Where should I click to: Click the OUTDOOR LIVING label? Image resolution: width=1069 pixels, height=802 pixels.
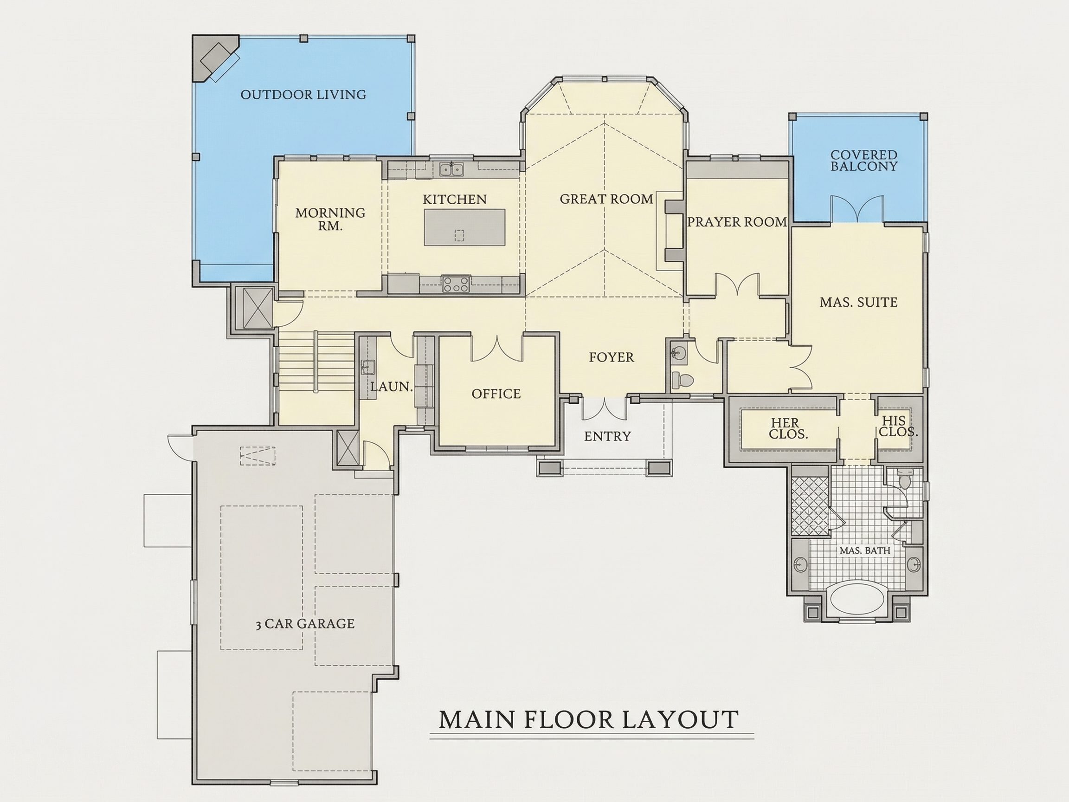tap(303, 94)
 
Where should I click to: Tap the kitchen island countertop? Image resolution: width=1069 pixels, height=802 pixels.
tap(464, 227)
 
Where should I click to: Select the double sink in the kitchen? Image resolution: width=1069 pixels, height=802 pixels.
tap(451, 169)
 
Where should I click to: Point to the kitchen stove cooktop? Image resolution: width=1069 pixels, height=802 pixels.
tap(455, 284)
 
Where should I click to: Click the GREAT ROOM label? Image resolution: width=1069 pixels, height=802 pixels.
tap(606, 199)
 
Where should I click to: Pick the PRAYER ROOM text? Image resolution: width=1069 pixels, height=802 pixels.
tap(737, 222)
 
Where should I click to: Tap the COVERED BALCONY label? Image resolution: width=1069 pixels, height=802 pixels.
tap(863, 161)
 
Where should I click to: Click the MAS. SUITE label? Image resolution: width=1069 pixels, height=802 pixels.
tap(858, 302)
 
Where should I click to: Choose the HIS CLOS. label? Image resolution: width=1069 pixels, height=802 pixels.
tap(898, 426)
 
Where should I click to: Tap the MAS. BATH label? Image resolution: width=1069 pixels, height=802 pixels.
tap(864, 550)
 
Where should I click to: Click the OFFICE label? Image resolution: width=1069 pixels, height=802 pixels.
tap(496, 394)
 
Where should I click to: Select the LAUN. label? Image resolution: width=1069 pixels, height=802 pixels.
tap(392, 387)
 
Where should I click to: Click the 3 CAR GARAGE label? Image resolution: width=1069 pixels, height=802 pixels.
tap(305, 624)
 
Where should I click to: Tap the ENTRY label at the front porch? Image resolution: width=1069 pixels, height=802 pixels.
tap(607, 436)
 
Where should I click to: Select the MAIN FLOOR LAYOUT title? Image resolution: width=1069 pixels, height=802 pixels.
tap(589, 719)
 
